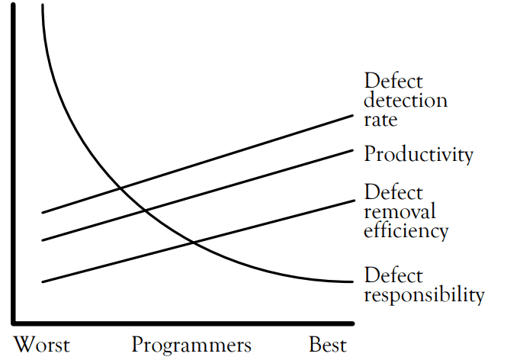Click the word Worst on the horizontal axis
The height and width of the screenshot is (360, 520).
42,344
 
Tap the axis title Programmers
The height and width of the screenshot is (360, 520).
191,344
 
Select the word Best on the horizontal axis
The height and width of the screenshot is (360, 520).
327,344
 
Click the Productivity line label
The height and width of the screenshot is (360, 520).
418,155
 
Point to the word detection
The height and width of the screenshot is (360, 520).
405,100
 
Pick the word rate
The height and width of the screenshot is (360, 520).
381,119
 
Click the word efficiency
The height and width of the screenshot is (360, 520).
406,230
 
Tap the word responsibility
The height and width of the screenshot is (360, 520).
424,295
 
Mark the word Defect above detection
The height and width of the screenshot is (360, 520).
393,81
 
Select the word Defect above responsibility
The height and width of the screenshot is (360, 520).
393,275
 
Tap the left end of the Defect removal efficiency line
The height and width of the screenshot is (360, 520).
42,282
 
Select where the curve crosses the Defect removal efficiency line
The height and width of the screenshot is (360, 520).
192,243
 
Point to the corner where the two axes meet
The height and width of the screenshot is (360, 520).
13,320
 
